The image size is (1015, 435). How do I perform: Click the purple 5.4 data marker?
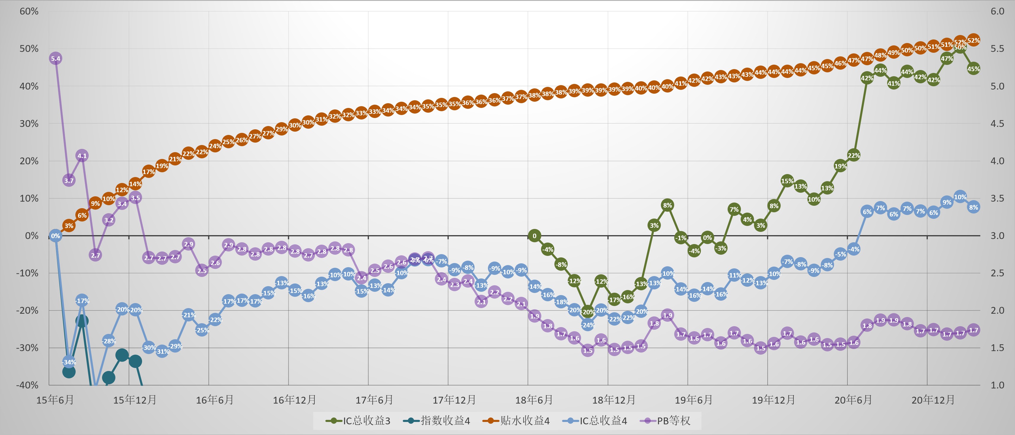pos(55,59)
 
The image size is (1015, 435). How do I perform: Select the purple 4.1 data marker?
pos(82,156)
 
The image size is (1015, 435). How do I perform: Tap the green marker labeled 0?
pos(534,236)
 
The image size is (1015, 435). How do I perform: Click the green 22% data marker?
pos(853,156)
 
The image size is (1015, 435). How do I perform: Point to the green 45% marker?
pos(973,68)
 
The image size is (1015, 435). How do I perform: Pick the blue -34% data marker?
pos(69,362)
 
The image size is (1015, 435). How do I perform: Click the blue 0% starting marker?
pos(55,236)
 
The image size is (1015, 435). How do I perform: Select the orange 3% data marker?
pos(69,226)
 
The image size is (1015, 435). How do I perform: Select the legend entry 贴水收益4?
pos(516,421)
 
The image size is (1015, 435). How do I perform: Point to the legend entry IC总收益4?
pos(595,421)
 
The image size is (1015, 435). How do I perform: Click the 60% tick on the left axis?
pos(29,12)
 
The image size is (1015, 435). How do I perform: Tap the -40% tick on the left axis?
pos(27,385)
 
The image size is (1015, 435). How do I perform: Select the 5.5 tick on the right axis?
pos(997,49)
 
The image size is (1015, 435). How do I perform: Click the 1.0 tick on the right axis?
pos(997,385)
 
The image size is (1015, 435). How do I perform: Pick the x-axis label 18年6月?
pos(534,400)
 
